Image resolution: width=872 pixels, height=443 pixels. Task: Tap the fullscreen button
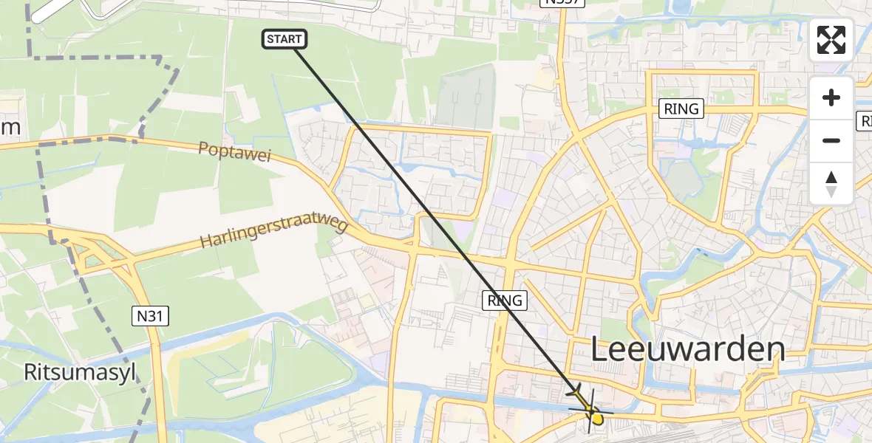[831, 40]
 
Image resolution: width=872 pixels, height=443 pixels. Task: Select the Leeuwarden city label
[688, 350]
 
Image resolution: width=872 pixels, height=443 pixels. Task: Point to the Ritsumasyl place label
[80, 372]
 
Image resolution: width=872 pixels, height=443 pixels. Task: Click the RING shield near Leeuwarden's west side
[505, 301]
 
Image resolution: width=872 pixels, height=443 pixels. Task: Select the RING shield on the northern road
[681, 109]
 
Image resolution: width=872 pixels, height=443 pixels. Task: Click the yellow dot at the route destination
[596, 419]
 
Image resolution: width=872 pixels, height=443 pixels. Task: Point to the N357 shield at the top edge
[562, 2]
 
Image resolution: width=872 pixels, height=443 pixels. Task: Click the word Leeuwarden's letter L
[600, 350]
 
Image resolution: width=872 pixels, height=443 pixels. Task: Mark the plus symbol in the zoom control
[831, 97]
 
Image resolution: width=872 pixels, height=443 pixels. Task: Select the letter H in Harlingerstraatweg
[205, 244]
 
